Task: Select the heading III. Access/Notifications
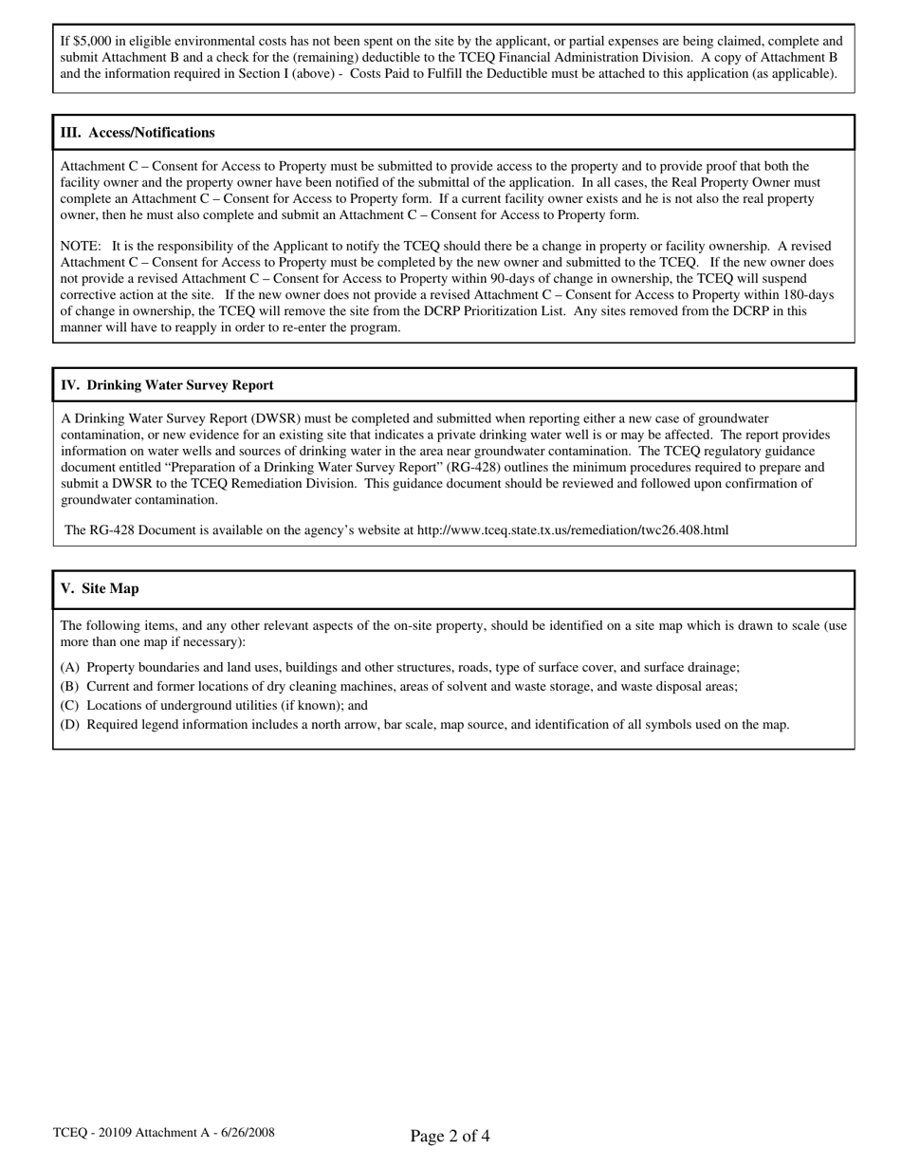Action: [x=138, y=133]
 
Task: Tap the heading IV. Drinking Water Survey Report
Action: [x=167, y=385]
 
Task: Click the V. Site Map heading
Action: [x=100, y=588]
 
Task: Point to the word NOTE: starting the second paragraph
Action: [x=81, y=246]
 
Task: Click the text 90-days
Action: [x=571, y=278]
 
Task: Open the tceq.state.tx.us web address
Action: [x=573, y=529]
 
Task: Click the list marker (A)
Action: [x=70, y=667]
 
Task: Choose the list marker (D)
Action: [x=70, y=724]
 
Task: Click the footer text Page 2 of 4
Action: [x=450, y=1136]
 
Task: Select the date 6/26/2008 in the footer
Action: [x=244, y=1132]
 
